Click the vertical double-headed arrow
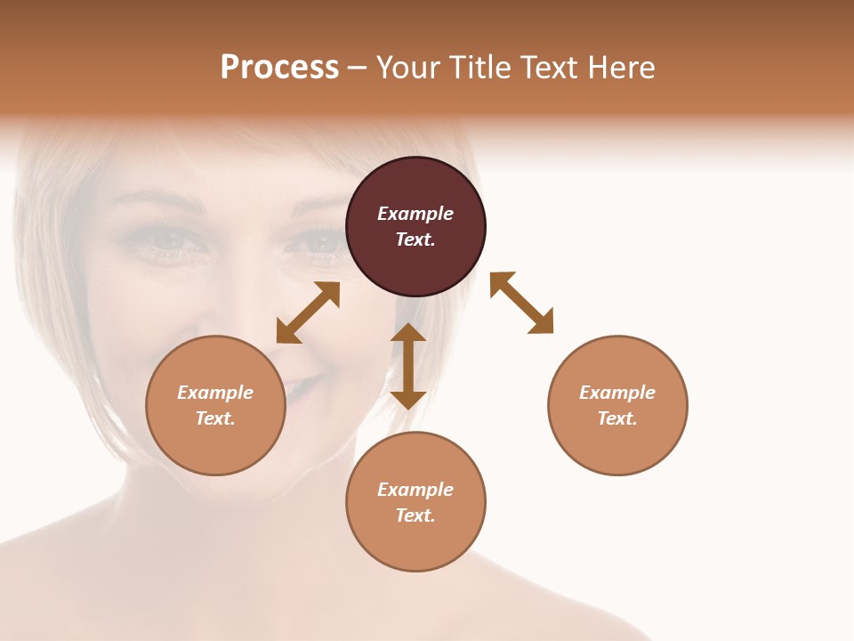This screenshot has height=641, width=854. [408, 366]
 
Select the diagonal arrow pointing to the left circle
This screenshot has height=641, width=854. [308, 312]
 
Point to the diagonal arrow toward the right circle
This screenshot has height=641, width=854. [521, 303]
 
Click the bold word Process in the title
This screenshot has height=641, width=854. [279, 67]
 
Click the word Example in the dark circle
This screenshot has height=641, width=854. [415, 214]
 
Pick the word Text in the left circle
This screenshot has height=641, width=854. [215, 418]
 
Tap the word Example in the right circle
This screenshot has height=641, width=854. [617, 393]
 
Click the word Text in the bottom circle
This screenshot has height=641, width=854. [415, 515]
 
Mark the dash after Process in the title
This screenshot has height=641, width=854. [358, 67]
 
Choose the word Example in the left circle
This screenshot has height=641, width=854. [215, 393]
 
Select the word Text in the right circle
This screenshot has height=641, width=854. [617, 418]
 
